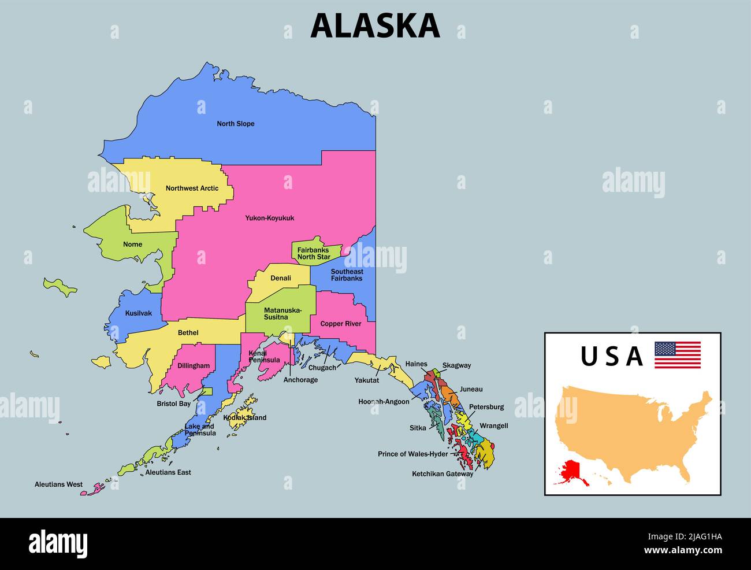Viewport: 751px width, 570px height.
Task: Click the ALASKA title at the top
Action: click(375, 26)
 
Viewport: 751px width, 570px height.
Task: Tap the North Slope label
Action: click(235, 124)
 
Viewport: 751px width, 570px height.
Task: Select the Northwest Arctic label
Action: click(192, 188)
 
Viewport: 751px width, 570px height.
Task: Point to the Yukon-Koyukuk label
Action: click(269, 218)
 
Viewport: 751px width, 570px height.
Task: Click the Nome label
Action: click(132, 245)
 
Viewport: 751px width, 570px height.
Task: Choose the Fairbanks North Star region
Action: click(314, 253)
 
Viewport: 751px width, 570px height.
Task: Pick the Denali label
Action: click(281, 278)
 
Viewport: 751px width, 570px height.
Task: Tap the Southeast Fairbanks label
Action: click(347, 275)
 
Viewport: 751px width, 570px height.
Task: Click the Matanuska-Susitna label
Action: click(282, 313)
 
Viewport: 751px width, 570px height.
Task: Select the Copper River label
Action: click(340, 324)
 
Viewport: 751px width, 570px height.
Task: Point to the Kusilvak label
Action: click(139, 313)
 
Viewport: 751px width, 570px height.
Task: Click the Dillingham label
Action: click(194, 366)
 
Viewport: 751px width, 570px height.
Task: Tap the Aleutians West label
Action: click(58, 484)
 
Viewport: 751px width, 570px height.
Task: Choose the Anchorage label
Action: click(300, 380)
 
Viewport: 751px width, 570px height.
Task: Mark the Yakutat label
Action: click(367, 380)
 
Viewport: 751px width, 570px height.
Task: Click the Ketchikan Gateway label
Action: click(443, 474)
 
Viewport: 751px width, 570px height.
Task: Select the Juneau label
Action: click(471, 390)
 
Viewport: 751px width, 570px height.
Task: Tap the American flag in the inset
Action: click(677, 355)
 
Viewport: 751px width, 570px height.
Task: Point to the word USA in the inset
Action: click(611, 357)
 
